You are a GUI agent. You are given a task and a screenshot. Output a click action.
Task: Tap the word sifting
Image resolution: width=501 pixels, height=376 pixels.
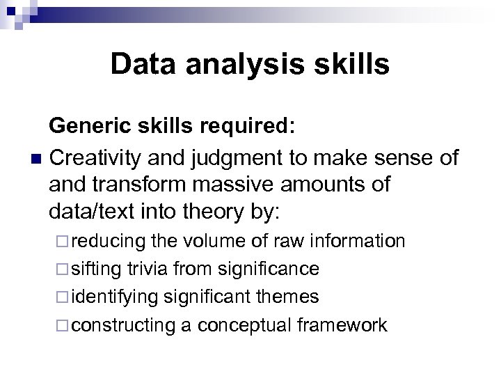tap(97, 269)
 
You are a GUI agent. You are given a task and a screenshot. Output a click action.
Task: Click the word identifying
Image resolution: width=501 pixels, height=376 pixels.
tap(113, 297)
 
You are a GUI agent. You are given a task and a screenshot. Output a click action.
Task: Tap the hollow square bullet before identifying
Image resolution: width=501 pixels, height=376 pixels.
tap(62, 297)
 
